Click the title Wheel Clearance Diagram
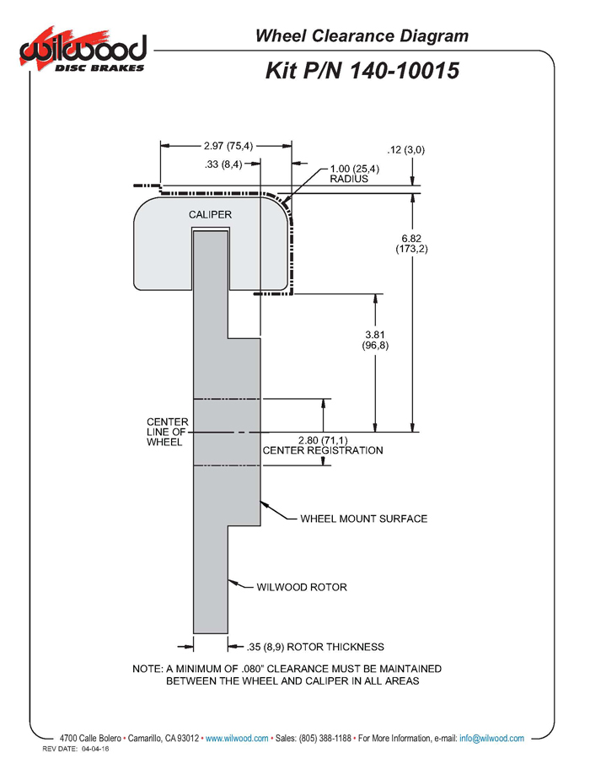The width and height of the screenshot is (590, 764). pos(362,35)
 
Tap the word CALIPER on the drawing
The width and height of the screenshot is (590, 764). pos(210,215)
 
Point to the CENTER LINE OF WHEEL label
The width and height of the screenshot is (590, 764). pos(167,431)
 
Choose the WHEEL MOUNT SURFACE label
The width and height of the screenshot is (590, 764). pos(364,519)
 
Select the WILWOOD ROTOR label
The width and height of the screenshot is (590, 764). pos(302,587)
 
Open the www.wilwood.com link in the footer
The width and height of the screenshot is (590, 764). pos(237,739)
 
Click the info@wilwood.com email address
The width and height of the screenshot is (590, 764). pos(491,739)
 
